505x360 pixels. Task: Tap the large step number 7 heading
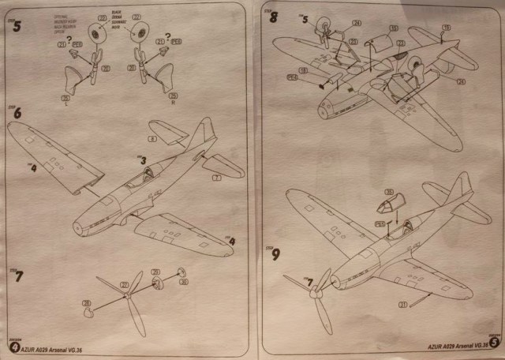pos(19,276)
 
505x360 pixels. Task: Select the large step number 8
pos(274,16)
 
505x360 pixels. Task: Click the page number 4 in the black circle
pos(13,346)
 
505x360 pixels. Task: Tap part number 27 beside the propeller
pos(123,283)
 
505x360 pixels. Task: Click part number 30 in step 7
pos(182,282)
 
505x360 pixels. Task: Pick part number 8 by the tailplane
pos(152,138)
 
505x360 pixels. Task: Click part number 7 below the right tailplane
pos(215,179)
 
